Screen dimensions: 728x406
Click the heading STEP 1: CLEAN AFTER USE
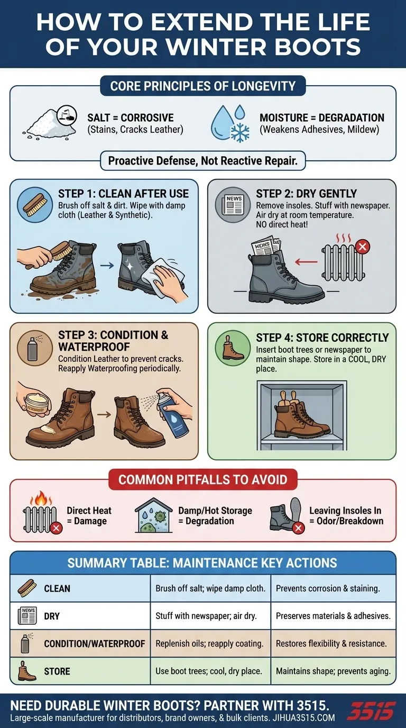(123, 194)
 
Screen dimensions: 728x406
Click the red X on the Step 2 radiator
(363, 246)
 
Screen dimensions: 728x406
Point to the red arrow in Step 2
(306, 261)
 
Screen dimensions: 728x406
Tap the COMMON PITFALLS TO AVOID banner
(202, 480)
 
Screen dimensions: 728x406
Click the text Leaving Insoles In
(345, 511)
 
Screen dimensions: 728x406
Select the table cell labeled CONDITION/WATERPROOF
(94, 644)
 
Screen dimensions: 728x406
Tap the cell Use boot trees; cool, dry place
(209, 671)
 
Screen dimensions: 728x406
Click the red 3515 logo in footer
(371, 710)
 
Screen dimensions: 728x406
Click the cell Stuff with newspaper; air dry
(206, 616)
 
